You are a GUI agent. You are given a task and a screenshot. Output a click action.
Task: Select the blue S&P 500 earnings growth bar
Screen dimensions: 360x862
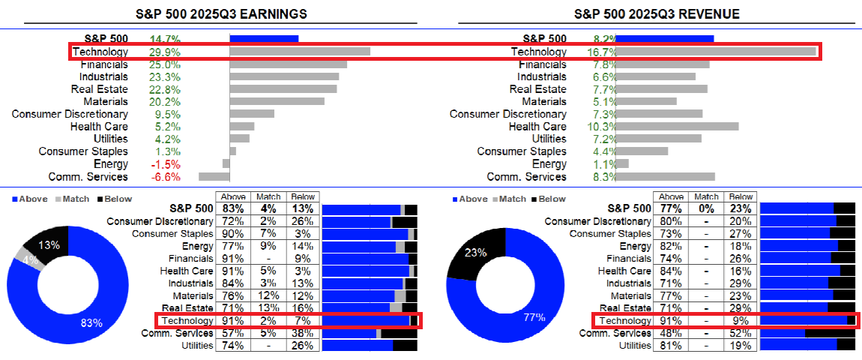264,39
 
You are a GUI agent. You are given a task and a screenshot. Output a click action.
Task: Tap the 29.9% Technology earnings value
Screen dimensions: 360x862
165,52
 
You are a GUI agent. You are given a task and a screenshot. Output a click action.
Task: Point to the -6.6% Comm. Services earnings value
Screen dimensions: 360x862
165,177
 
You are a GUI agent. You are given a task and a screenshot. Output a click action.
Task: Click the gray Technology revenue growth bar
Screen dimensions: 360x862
715,52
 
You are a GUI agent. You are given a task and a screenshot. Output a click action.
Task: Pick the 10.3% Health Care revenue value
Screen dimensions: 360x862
603,127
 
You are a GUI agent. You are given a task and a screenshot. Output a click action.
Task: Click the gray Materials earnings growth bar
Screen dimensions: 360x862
277,101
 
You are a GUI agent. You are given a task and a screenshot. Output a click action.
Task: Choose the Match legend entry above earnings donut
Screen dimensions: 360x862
71,199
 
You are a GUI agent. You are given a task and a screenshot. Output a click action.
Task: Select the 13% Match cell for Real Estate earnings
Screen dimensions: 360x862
268,308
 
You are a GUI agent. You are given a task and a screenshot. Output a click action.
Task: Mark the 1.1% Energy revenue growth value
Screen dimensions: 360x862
603,164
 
